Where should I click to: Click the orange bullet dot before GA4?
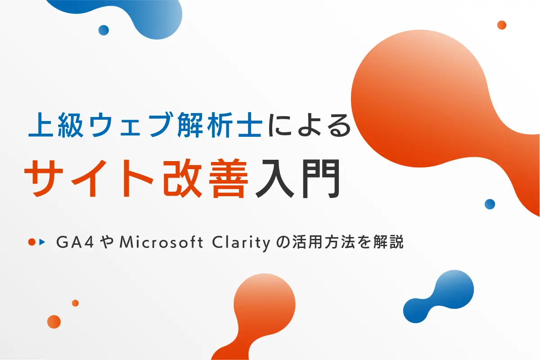point(31,242)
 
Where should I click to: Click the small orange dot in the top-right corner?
point(502,25)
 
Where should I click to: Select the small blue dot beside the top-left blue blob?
point(103,30)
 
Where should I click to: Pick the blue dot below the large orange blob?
point(490,204)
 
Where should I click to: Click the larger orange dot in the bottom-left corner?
point(54,321)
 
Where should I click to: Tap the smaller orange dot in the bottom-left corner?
point(75,303)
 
